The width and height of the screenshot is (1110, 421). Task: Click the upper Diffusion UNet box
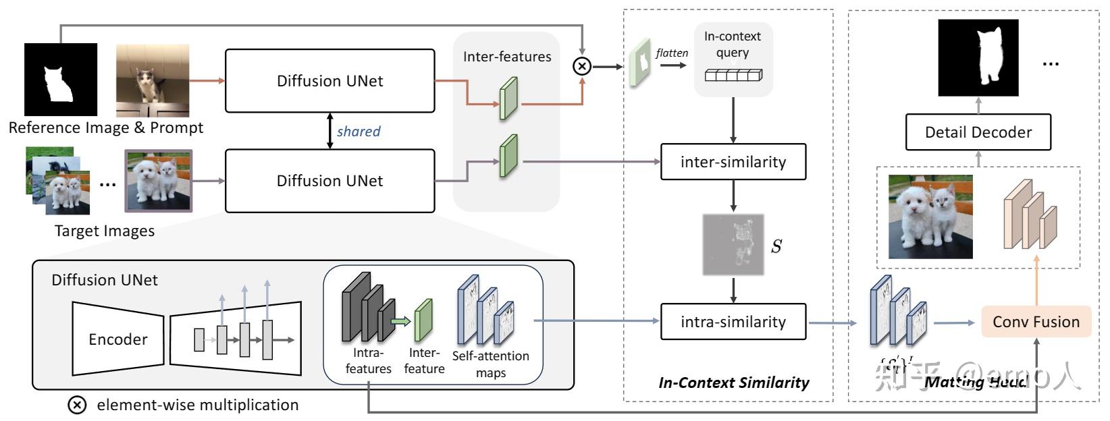[329, 81]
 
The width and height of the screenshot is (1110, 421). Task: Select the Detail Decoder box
[978, 132]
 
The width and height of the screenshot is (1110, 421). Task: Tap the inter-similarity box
[733, 162]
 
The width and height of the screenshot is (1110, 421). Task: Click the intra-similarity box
[733, 322]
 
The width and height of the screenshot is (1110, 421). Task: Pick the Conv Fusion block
[1036, 322]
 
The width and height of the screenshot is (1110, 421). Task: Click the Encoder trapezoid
[117, 339]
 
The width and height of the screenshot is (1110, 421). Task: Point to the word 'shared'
[359, 132]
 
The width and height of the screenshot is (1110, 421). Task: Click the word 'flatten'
[672, 53]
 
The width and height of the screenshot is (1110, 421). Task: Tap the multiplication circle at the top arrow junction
[581, 65]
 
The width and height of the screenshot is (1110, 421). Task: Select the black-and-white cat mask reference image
[61, 80]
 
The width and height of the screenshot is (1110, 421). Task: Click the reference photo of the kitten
[153, 81]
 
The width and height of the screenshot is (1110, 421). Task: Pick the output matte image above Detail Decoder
[978, 57]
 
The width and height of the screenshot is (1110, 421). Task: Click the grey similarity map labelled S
[733, 244]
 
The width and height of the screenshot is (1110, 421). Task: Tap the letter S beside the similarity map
[777, 246]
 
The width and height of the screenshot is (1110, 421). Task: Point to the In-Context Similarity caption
[733, 383]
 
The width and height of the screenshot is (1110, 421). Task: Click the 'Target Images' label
[105, 231]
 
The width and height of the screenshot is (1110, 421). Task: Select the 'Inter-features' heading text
[507, 57]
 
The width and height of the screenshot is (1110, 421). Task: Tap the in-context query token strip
[733, 76]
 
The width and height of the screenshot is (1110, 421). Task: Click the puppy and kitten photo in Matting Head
[930, 217]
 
